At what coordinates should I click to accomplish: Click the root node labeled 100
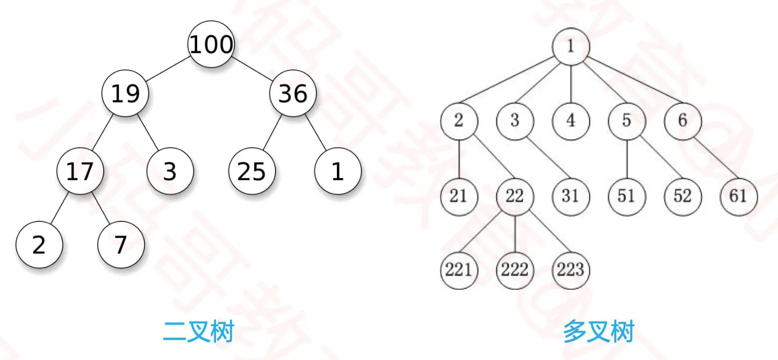pyautogui.click(x=211, y=45)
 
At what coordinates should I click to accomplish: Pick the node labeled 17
pyautogui.click(x=80, y=171)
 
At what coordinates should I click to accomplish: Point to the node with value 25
pyautogui.click(x=251, y=171)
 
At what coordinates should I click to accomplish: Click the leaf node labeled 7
pyautogui.click(x=121, y=245)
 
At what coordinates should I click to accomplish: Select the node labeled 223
pyautogui.click(x=571, y=269)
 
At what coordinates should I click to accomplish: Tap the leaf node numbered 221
pyautogui.click(x=458, y=269)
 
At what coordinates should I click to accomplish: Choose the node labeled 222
pyautogui.click(x=515, y=269)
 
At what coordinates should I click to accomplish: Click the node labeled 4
pyautogui.click(x=571, y=121)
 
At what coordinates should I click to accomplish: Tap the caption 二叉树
pyautogui.click(x=198, y=332)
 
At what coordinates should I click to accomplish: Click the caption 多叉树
pyautogui.click(x=599, y=332)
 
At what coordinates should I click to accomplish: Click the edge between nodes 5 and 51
pyautogui.click(x=626, y=159)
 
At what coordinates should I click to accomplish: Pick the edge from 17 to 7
pyautogui.click(x=101, y=208)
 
